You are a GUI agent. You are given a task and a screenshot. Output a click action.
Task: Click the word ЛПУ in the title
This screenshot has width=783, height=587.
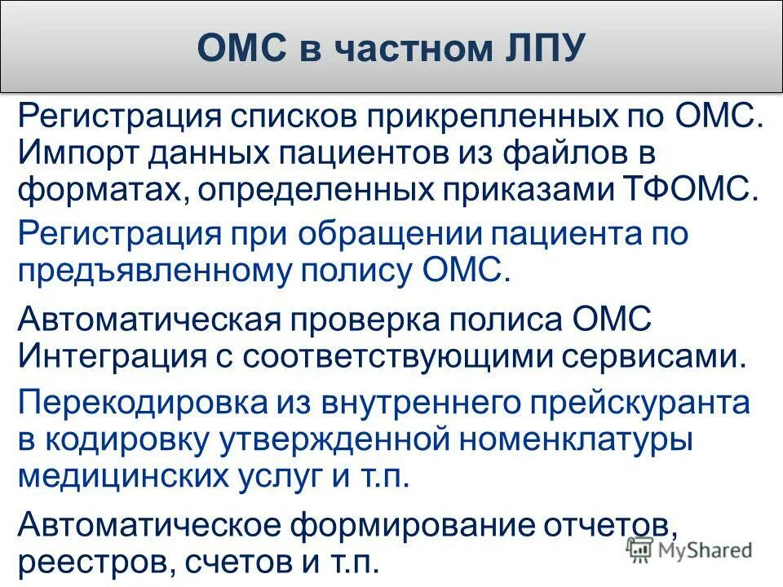click(540, 47)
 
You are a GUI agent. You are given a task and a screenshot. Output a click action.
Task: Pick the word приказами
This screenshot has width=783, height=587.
click(517, 190)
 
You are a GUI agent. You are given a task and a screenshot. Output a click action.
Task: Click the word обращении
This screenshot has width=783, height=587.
click(389, 234)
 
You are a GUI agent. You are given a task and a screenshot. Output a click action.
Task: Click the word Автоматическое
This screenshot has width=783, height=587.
click(147, 524)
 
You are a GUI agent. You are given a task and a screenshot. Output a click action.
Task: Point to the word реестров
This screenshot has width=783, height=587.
click(86, 562)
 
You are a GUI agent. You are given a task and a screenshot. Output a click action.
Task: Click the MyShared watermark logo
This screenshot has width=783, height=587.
click(689, 550)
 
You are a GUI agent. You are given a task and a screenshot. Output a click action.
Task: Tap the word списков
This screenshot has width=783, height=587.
click(296, 115)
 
